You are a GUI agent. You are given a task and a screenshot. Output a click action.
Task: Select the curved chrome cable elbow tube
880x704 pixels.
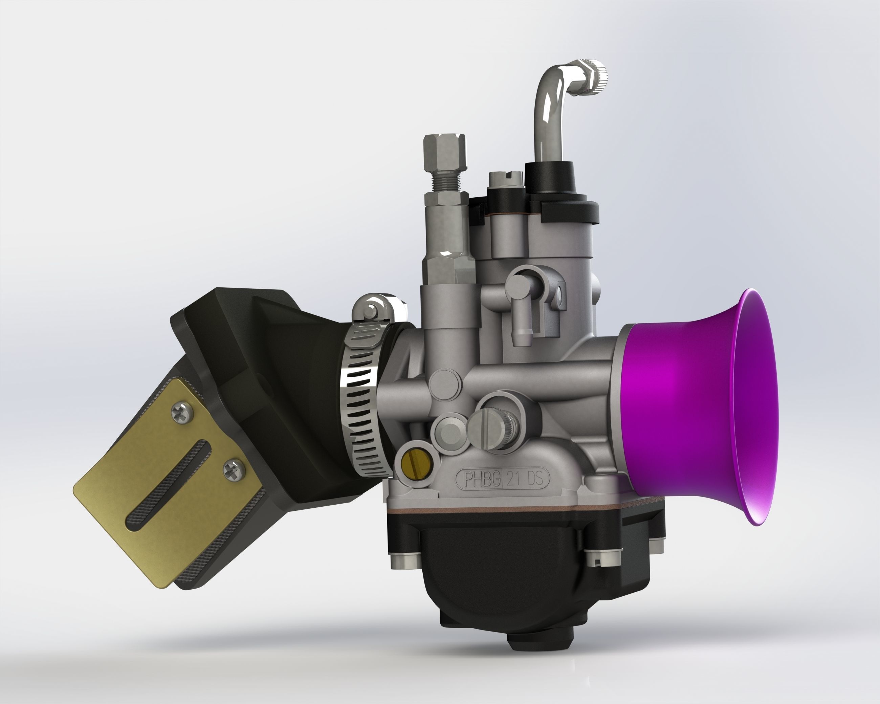click(547, 110)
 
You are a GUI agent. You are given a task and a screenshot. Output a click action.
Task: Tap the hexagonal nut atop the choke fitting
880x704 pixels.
click(445, 149)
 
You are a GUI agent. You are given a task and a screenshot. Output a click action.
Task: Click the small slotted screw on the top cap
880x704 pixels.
click(505, 178)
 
